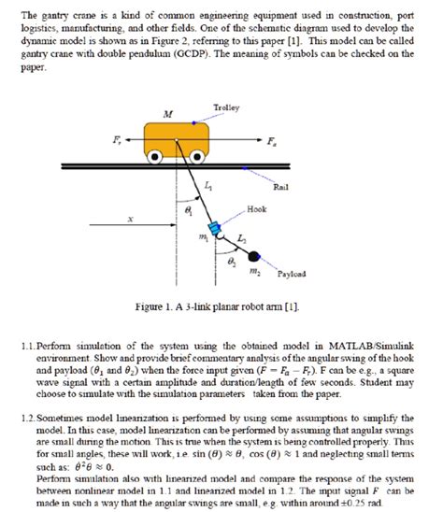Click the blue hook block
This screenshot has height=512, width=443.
tap(214, 228)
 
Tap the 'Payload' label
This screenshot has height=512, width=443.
tap(291, 275)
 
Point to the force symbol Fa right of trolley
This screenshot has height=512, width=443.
tap(270, 143)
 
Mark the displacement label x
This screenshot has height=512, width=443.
tap(131, 220)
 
